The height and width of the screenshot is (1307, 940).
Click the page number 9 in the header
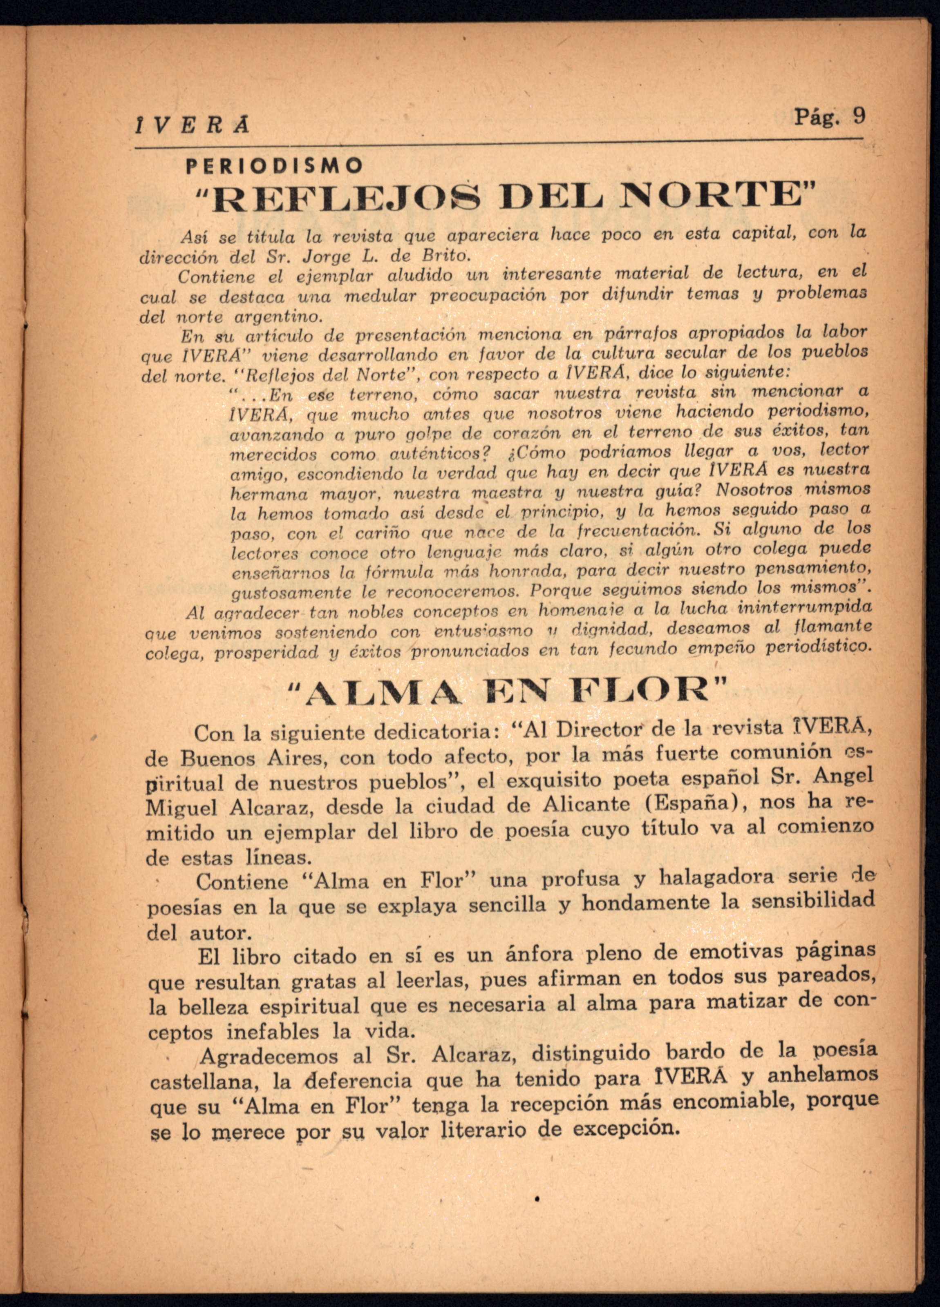point(859,116)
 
